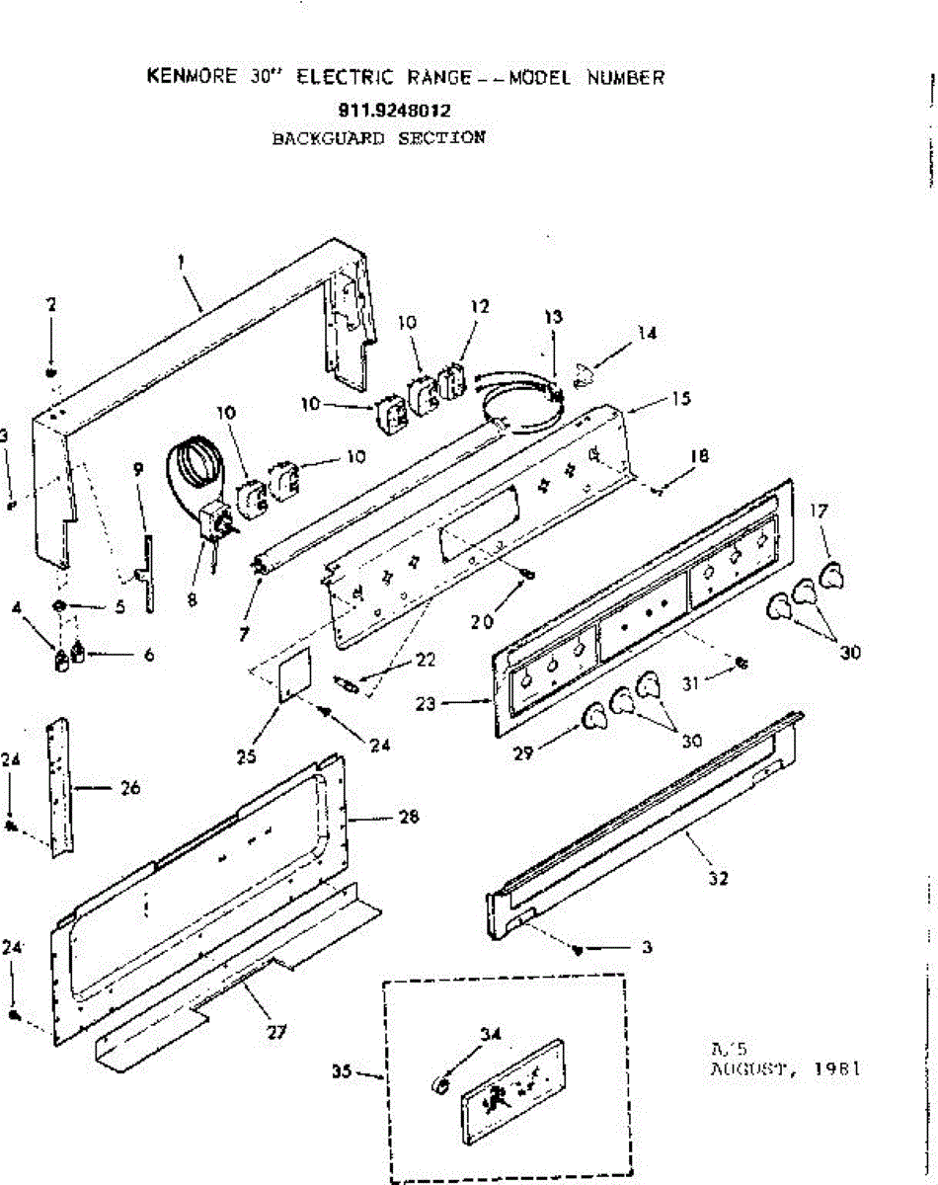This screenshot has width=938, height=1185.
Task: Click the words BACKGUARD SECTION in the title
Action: click(378, 138)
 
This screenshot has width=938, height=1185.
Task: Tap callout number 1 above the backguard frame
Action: click(182, 263)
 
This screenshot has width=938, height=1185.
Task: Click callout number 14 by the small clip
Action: click(647, 334)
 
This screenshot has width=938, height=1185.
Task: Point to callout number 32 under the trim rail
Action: click(718, 878)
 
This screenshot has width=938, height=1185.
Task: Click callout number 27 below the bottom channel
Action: click(276, 1032)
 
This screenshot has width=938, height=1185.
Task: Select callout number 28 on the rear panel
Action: click(408, 817)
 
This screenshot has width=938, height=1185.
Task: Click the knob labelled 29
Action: click(593, 719)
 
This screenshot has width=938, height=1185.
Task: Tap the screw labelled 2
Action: click(51, 372)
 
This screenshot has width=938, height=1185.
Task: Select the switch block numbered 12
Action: click(455, 382)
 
